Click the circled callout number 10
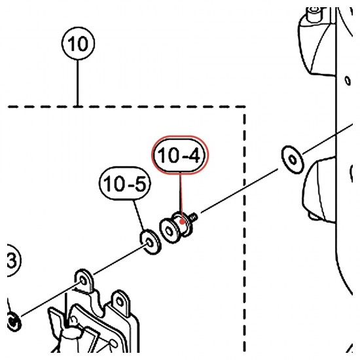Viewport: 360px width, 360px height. tap(78, 43)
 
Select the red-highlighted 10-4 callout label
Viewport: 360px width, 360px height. tap(180, 155)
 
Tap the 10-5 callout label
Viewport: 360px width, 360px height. tap(125, 184)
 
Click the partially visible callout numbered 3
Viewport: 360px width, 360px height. tap(12, 261)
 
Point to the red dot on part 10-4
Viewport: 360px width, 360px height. tap(182, 221)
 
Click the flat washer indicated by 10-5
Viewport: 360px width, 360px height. tap(151, 242)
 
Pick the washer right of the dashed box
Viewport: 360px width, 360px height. tap(293, 159)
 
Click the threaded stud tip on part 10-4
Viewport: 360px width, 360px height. tap(194, 217)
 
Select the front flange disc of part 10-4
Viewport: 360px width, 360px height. tap(169, 231)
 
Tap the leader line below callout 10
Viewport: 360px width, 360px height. tap(78, 83)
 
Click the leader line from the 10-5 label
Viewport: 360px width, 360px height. tap(139, 215)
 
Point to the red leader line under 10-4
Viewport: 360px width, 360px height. tap(181, 197)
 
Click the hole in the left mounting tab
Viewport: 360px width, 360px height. tap(83, 281)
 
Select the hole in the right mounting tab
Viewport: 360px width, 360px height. tap(119, 302)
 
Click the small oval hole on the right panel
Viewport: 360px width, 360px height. tap(348, 81)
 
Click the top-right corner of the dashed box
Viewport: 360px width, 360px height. tap(244, 107)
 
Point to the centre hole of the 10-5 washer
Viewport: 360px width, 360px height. tap(149, 242)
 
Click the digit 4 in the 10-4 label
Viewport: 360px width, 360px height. tap(194, 155)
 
